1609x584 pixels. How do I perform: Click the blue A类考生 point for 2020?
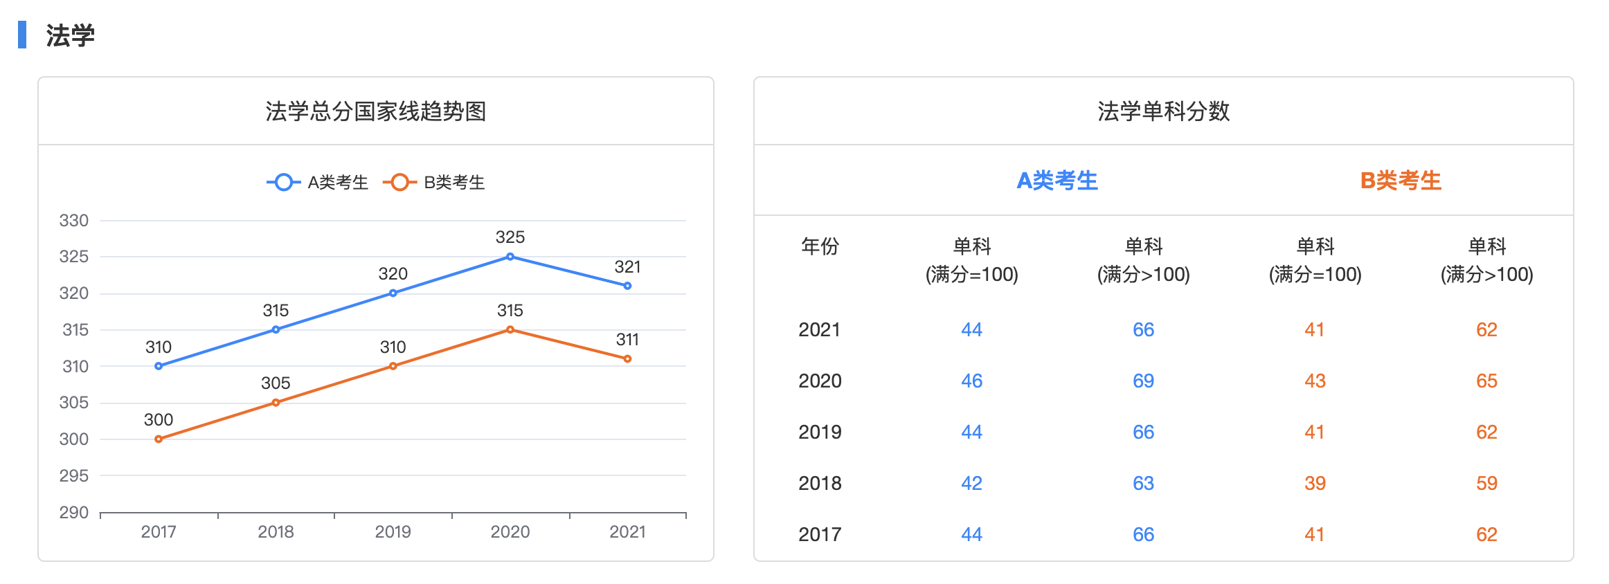510,257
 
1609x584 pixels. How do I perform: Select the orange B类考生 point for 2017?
159,439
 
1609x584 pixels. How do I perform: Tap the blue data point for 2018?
276,329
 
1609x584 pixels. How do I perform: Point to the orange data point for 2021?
627,358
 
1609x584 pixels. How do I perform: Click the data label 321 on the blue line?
627,267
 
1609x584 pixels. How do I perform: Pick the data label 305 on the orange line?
276,383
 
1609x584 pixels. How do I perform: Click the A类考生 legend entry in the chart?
318,183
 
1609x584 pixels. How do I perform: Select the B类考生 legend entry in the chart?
435,183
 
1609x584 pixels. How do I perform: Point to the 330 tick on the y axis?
74,221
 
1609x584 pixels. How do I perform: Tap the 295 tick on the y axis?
74,476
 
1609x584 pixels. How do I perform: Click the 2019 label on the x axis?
393,532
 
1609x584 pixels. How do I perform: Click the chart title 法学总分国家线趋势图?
376,111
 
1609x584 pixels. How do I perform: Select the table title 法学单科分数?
1163,111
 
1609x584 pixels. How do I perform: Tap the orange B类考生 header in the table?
1401,181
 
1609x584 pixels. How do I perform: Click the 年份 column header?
820,246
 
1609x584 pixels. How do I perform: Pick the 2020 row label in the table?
820,381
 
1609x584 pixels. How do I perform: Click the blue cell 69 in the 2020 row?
1143,381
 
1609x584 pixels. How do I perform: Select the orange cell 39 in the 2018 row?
1315,484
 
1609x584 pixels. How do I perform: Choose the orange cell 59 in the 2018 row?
1486,484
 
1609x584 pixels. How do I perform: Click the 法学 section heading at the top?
70,35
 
